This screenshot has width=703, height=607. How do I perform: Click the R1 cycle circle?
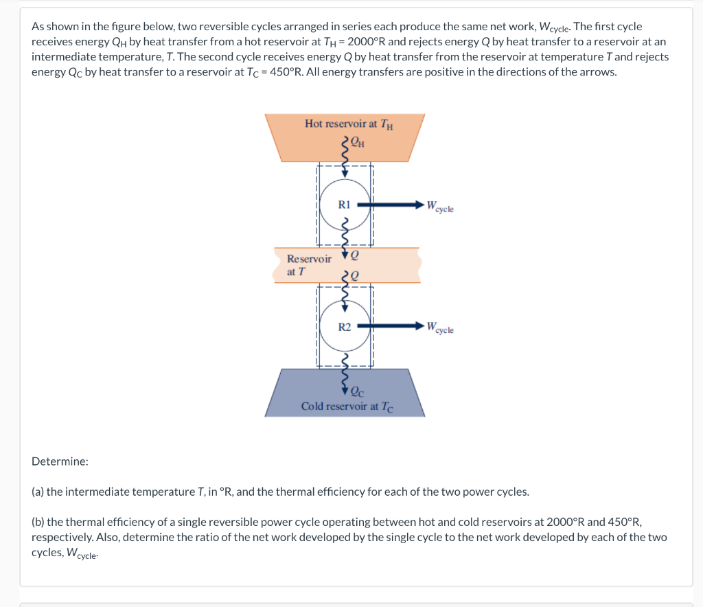click(x=345, y=204)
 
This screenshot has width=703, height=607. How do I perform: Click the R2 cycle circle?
click(x=345, y=325)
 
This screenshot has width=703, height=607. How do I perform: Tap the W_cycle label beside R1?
click(x=439, y=206)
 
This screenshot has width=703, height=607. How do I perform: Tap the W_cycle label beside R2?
click(x=439, y=328)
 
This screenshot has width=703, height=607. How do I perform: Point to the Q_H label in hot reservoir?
click(x=356, y=143)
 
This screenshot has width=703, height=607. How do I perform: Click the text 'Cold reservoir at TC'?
click(x=347, y=406)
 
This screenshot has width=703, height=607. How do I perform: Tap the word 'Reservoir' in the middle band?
click(x=309, y=259)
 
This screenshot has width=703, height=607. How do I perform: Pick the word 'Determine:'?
click(x=60, y=461)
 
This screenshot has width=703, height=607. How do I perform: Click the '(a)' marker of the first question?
click(x=38, y=492)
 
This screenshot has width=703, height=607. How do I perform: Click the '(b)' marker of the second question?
click(x=38, y=522)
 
